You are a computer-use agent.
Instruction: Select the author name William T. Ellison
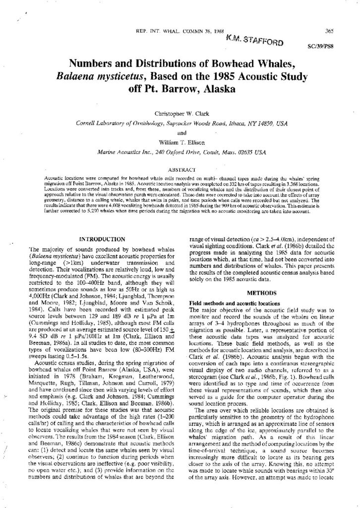click(x=180, y=140)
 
